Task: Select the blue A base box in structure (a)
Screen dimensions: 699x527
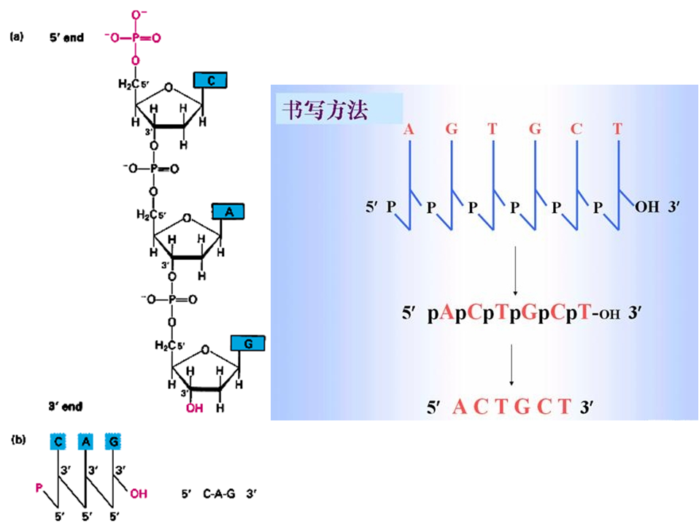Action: (228, 212)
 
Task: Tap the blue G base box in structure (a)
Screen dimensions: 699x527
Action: (248, 342)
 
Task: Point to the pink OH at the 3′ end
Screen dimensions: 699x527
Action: (194, 409)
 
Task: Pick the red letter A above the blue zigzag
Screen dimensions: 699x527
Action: (409, 129)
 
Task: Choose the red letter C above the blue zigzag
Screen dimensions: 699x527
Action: (576, 129)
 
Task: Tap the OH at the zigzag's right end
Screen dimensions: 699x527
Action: (646, 208)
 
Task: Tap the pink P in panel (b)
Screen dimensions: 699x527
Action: (39, 486)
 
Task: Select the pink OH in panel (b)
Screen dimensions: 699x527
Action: (138, 493)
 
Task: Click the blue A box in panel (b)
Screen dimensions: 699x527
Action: (86, 441)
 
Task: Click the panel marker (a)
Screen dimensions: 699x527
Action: (17, 36)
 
